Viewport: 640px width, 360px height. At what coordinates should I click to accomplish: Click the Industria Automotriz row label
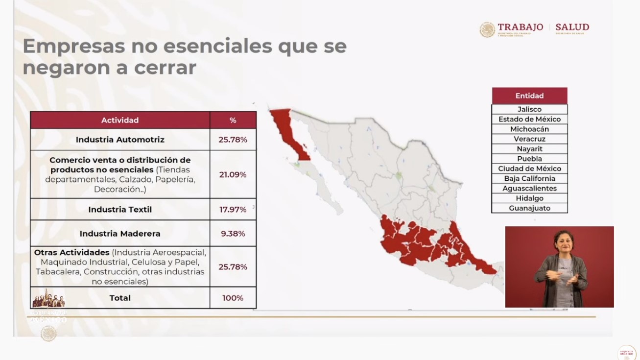120,140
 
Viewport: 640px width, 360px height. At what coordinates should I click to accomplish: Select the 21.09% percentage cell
233,174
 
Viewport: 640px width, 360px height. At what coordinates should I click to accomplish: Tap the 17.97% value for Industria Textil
233,210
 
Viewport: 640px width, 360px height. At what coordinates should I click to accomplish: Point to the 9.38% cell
233,234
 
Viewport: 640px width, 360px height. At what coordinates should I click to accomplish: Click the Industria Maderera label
120,234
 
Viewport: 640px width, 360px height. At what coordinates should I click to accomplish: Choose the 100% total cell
233,298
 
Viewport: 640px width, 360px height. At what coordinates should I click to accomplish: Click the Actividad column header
120,120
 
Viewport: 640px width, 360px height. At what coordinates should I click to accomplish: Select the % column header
233,120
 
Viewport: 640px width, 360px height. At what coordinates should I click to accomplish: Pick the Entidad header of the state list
529,96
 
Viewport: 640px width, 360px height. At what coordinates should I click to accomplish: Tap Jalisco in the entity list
529,109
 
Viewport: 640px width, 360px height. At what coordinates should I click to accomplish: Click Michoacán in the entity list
529,129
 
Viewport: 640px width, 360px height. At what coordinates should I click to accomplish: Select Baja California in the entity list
529,179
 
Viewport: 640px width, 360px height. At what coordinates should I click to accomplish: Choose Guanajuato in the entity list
529,208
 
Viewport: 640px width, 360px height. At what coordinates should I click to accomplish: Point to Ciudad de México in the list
529,168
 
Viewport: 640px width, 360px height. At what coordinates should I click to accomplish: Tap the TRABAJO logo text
520,27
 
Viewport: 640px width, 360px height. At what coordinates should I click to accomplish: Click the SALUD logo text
572,27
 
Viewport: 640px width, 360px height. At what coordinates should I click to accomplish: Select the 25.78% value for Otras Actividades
233,267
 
